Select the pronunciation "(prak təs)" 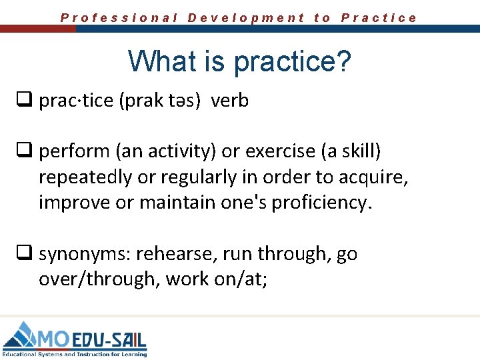click(162, 101)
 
